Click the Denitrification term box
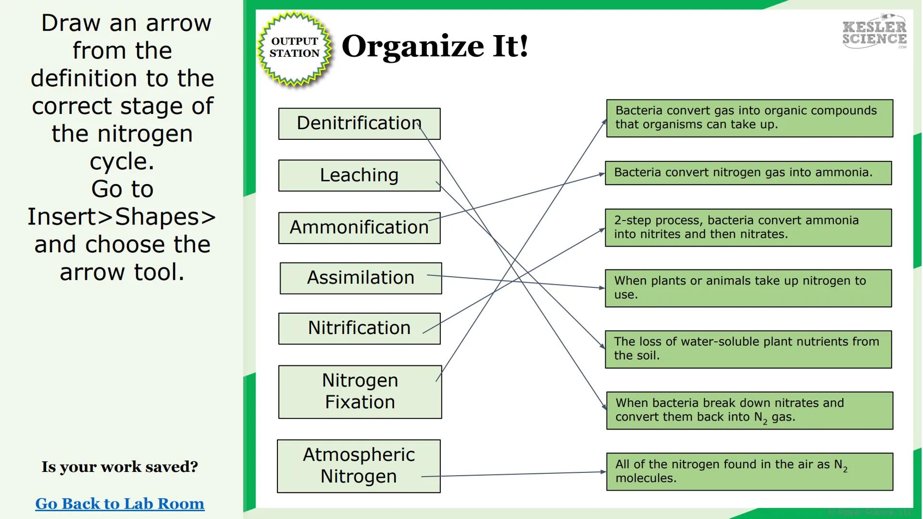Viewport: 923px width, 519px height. [x=359, y=124]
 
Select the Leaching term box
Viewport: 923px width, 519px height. [x=359, y=175]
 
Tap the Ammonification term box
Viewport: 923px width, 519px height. [x=359, y=228]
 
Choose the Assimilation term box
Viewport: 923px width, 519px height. [x=360, y=278]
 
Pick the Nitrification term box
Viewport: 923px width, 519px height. [x=359, y=328]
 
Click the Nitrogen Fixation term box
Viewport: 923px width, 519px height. [x=360, y=392]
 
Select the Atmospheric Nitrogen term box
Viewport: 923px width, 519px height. [x=358, y=466]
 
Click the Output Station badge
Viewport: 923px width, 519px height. [x=295, y=48]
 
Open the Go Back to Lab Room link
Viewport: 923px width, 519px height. [x=120, y=504]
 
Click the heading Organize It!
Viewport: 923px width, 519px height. [x=435, y=47]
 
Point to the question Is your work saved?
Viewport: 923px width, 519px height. [x=120, y=467]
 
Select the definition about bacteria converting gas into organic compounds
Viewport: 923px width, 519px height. [x=749, y=118]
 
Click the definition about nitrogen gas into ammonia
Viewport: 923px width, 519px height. [x=748, y=173]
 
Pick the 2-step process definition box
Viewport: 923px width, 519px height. [x=748, y=228]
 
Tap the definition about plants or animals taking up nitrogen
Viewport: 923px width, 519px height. [x=748, y=288]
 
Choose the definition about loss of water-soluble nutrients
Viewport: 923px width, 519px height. [x=748, y=349]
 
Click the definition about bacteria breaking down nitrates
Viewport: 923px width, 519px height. [x=749, y=410]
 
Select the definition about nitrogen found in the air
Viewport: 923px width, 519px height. [x=749, y=471]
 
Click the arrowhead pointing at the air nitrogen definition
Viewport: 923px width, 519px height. [x=603, y=472]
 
